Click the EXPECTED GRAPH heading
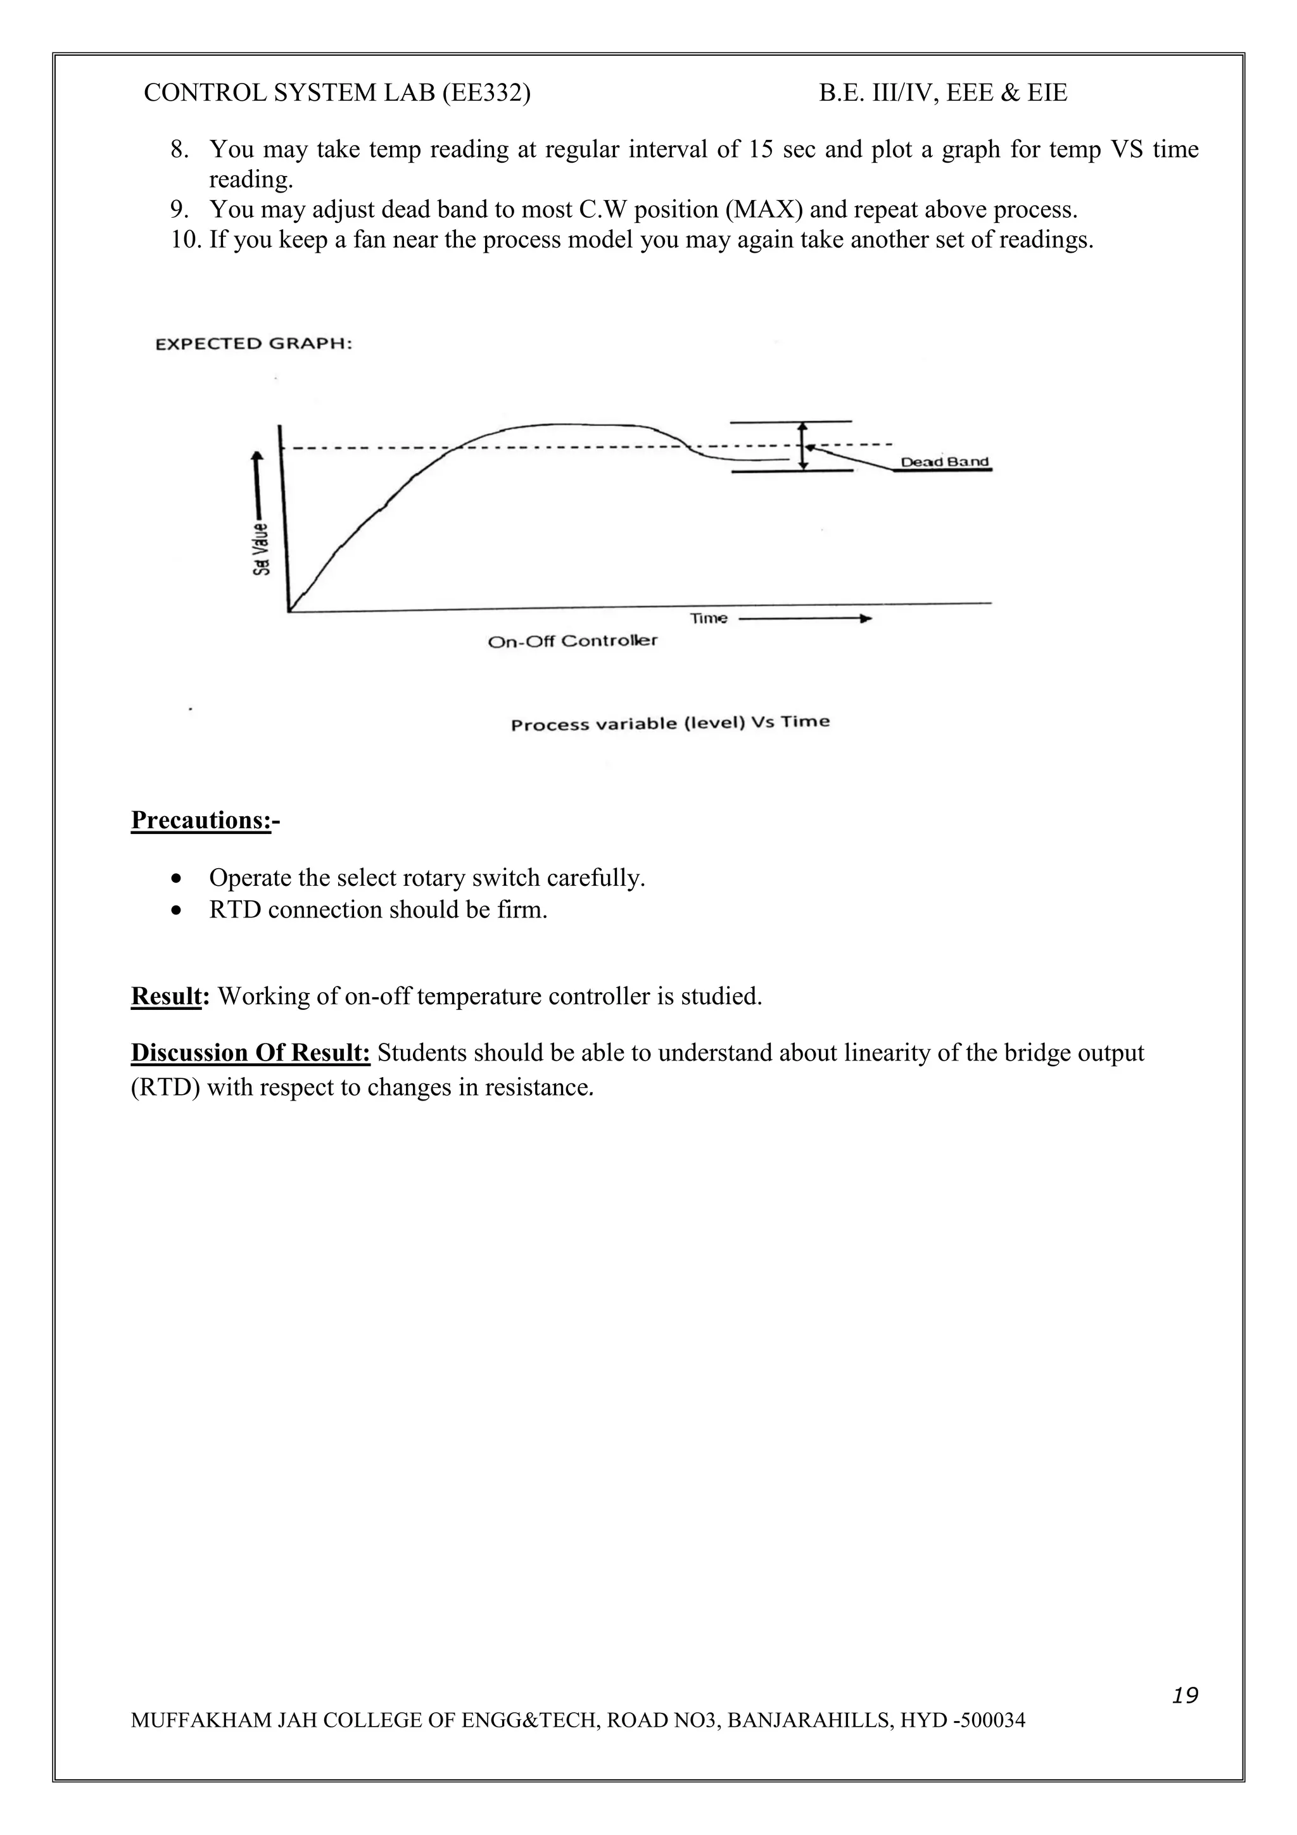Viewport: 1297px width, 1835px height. (x=253, y=344)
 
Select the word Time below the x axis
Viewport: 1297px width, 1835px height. (x=708, y=618)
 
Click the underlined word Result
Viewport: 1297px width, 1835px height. (x=165, y=997)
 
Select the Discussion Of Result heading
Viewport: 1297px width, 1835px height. (x=250, y=1054)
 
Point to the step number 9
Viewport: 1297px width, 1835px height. (x=178, y=210)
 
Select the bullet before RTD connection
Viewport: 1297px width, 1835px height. (x=177, y=911)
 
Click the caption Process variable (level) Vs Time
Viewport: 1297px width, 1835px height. (x=669, y=723)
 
